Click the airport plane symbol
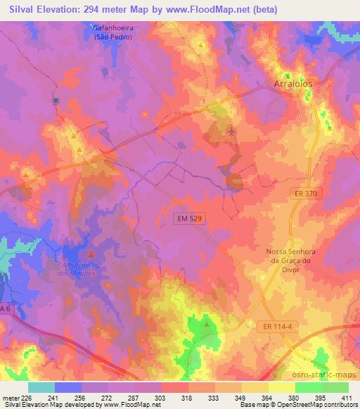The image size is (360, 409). (x=233, y=131)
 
